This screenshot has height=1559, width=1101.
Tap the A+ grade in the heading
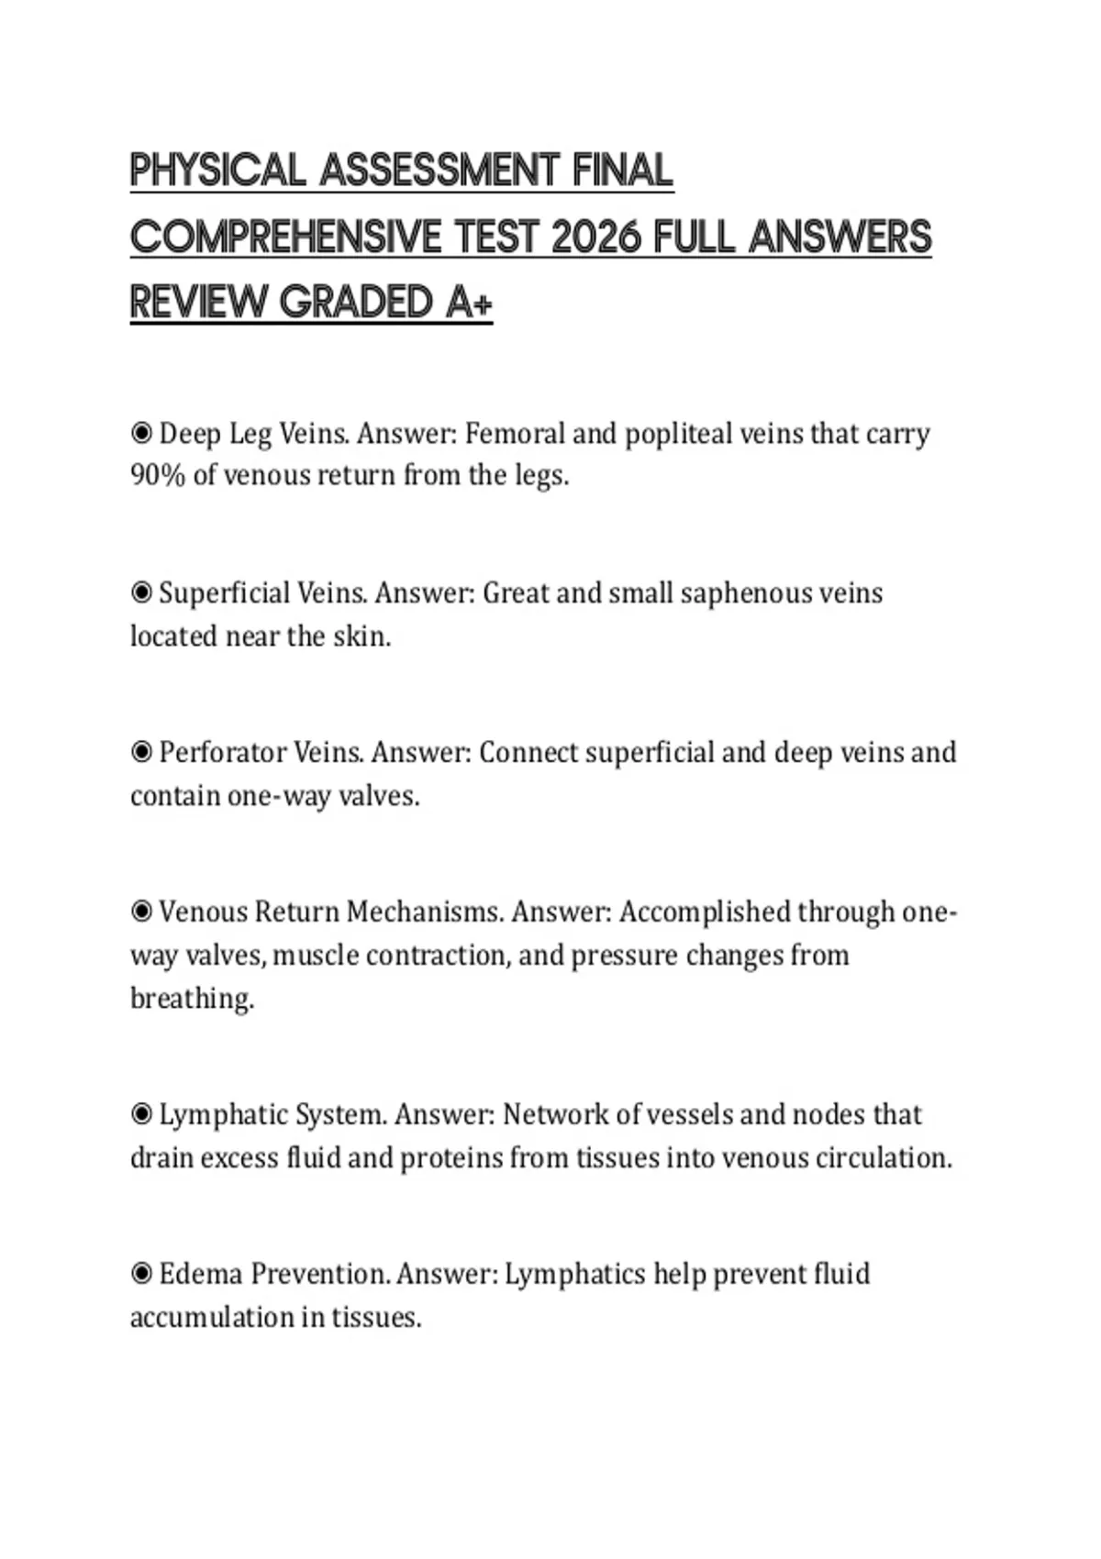469,303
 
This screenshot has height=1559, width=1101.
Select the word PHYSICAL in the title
217,171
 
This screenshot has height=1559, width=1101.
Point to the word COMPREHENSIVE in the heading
286,238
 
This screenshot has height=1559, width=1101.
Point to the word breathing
191,999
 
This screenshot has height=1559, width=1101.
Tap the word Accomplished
705,912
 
